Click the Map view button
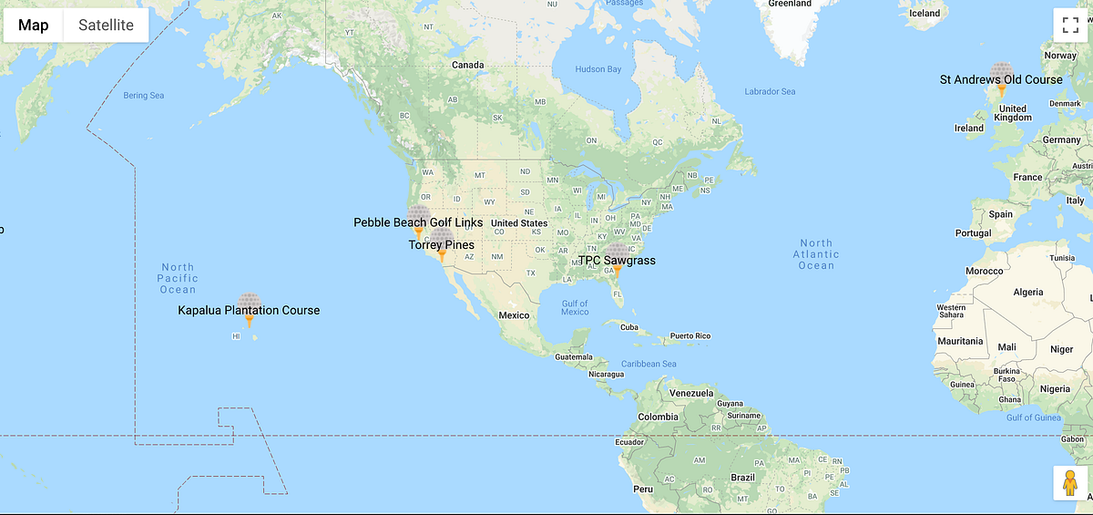click(34, 26)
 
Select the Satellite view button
click(106, 26)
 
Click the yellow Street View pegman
click(1070, 483)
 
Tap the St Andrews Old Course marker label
click(1001, 79)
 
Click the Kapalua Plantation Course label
click(249, 310)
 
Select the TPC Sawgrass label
click(617, 261)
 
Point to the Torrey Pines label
click(441, 245)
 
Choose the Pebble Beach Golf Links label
click(418, 222)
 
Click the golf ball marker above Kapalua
click(249, 304)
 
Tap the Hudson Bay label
click(598, 69)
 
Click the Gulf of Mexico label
click(575, 307)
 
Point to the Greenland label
click(789, 4)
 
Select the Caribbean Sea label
click(643, 364)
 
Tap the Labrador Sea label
click(770, 91)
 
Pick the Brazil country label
click(742, 478)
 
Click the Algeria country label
click(1027, 292)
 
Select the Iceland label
click(924, 13)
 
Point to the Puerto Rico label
click(690, 335)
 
